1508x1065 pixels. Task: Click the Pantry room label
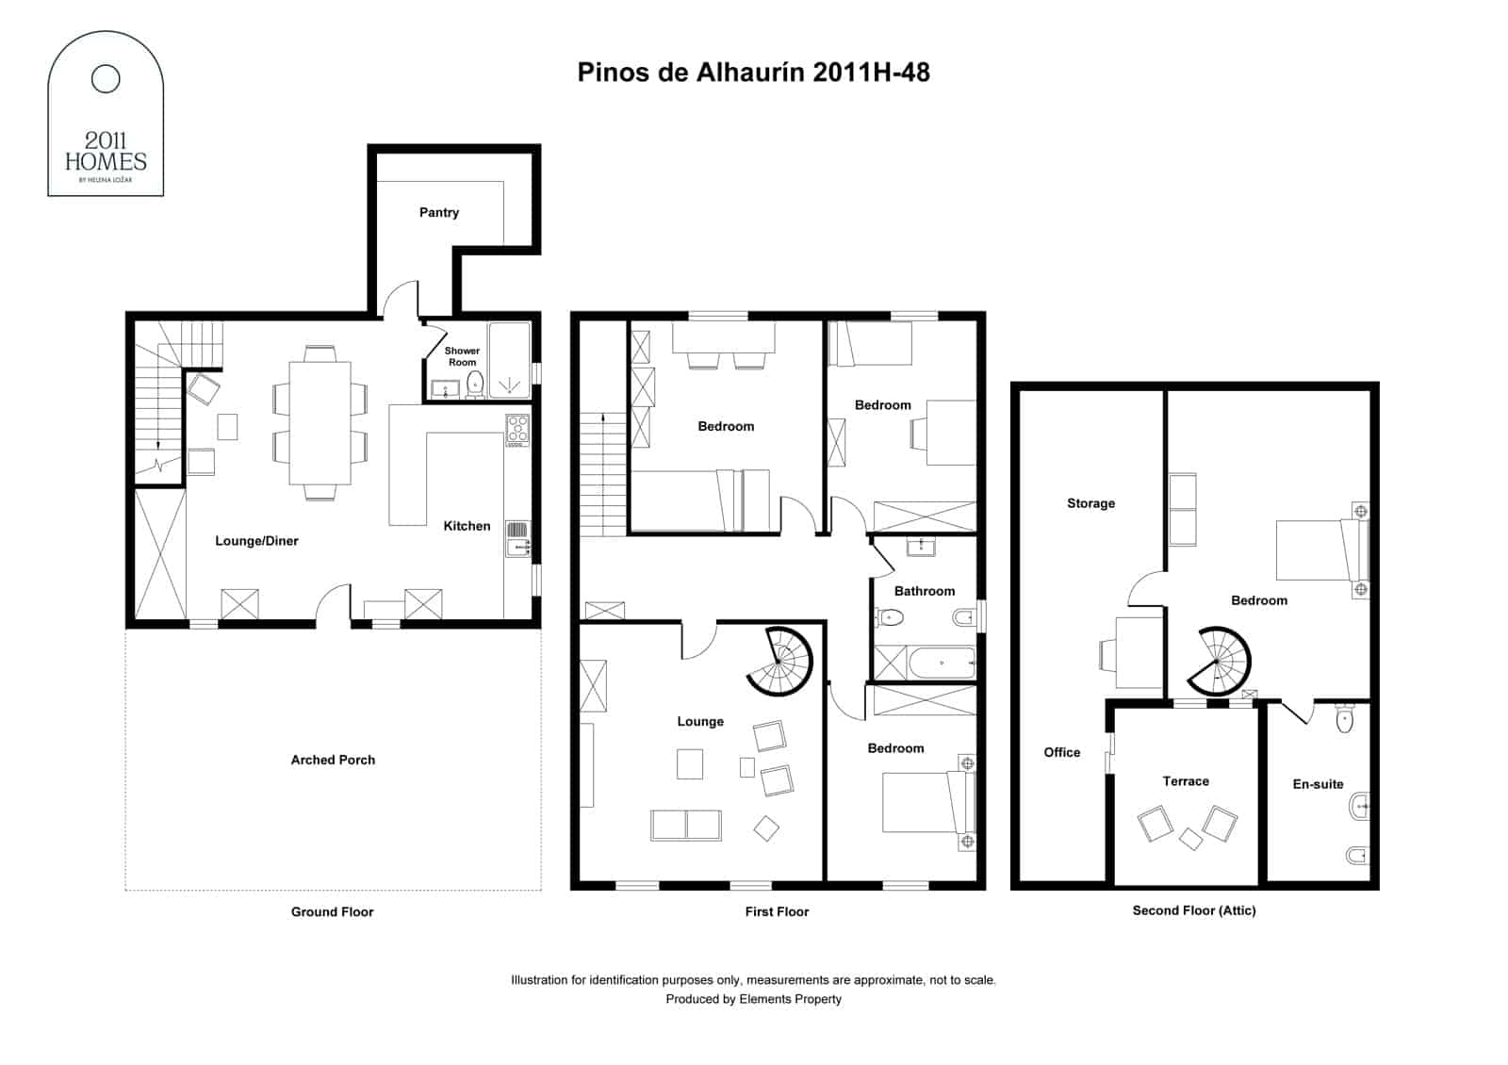point(439,213)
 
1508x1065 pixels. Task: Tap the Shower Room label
point(462,356)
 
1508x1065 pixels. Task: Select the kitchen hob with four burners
point(517,430)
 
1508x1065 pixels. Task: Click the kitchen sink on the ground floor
point(517,538)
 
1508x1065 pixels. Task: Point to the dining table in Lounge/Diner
point(320,422)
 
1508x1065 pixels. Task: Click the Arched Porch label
point(333,760)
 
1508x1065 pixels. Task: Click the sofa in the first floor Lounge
point(686,825)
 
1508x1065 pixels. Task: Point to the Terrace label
point(1186,781)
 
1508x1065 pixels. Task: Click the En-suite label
point(1318,784)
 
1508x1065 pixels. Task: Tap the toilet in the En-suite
point(1345,721)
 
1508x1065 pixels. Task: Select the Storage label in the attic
point(1090,503)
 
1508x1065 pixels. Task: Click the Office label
point(1062,752)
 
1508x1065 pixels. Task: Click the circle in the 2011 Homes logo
point(106,79)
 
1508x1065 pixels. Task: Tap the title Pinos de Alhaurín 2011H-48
point(753,73)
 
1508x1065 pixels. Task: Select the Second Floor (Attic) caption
point(1194,910)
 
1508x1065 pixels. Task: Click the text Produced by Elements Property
point(753,999)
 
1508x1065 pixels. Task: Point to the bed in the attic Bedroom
point(1319,549)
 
